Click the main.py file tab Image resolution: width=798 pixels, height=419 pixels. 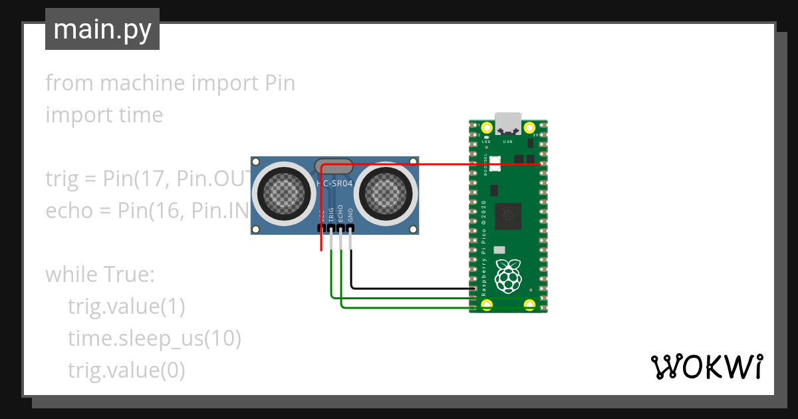pyautogui.click(x=102, y=29)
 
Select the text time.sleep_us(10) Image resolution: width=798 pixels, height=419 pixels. pyautogui.click(x=154, y=339)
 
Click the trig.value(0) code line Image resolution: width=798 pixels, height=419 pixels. pyautogui.click(x=126, y=370)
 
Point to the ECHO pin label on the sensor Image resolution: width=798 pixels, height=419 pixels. pyautogui.click(x=340, y=212)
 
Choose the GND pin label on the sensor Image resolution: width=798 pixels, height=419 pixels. pyautogui.click(x=351, y=213)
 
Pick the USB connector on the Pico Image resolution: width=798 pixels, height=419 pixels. pyautogui.click(x=508, y=124)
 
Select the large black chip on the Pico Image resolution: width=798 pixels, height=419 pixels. pyautogui.click(x=508, y=216)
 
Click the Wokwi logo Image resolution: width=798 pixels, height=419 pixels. pyautogui.click(x=706, y=366)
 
